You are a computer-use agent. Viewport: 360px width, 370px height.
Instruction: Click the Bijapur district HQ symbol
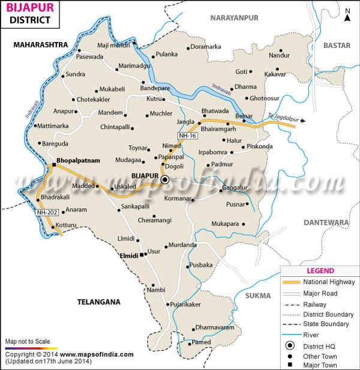click(x=166, y=179)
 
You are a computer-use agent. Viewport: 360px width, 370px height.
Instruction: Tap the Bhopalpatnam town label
click(x=78, y=161)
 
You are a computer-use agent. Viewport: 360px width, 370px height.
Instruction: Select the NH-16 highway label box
click(x=187, y=136)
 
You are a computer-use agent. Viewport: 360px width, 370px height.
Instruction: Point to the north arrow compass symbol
click(x=347, y=14)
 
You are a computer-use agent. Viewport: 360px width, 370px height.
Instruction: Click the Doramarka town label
click(x=206, y=47)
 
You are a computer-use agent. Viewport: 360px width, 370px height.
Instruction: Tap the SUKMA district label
click(x=258, y=295)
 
